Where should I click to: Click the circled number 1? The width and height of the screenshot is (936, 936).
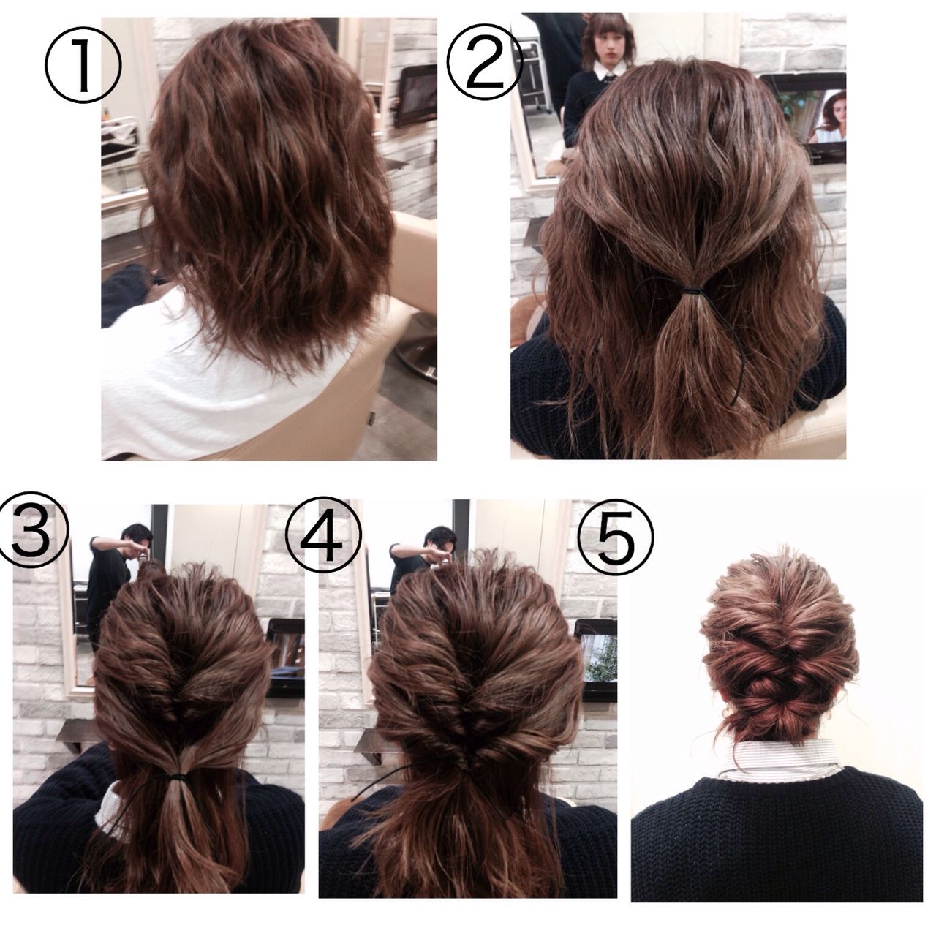(83, 66)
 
